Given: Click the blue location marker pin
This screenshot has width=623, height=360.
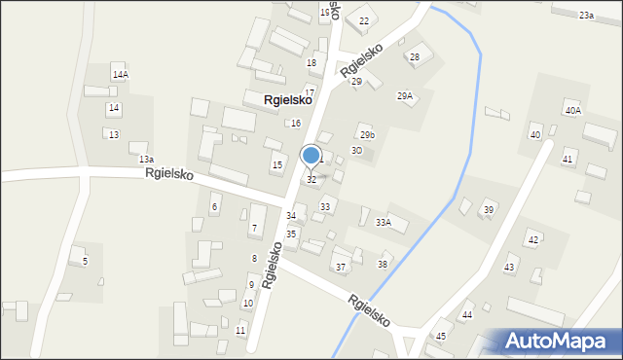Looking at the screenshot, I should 311,156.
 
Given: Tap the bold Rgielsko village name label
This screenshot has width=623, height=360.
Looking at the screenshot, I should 287,99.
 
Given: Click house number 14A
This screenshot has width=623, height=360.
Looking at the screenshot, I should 120,75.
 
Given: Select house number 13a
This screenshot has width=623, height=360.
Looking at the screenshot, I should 146,159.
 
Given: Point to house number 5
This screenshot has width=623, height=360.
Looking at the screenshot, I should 85,261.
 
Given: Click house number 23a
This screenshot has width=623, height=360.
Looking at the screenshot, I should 586,16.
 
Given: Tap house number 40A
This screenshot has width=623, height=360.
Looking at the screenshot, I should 572,111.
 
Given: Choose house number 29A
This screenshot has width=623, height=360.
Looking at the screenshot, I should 405,95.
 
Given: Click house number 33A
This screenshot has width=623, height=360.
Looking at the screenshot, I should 384,223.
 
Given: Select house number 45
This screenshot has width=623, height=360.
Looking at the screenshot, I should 440,336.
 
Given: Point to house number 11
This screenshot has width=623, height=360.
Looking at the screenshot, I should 240,331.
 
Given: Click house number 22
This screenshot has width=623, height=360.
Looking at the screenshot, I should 364,20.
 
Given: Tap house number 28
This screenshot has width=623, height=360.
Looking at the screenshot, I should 414,57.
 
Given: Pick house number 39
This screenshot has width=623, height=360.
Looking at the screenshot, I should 489,210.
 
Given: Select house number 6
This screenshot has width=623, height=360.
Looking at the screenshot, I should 215,208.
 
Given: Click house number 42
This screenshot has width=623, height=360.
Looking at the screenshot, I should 532,239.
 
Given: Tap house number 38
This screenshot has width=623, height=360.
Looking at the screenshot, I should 384,265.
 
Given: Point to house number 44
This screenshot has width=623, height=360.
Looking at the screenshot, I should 467,314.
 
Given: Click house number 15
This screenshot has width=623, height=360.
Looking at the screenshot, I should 277,165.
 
